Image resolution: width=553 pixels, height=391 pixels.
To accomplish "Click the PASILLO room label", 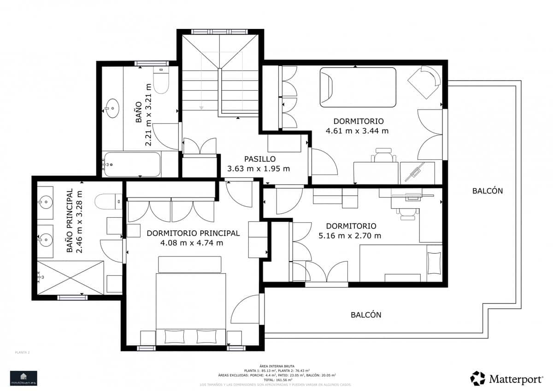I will [260, 159].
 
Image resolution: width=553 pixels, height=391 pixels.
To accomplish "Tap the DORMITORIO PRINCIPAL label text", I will [193, 233].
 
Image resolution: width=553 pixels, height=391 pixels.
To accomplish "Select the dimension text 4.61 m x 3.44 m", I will [357, 131].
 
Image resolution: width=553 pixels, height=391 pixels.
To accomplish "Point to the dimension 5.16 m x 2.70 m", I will [351, 236].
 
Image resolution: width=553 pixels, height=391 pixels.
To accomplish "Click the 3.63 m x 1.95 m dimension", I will [259, 169].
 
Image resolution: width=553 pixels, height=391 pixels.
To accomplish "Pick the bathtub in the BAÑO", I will [132, 164].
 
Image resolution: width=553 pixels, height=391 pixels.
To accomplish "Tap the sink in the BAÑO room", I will [112, 109].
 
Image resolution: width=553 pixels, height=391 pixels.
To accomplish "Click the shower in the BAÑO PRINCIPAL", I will [70, 277].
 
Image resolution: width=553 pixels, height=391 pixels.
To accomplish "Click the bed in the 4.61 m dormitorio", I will [358, 87].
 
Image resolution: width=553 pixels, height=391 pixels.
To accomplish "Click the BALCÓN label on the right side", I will [487, 191].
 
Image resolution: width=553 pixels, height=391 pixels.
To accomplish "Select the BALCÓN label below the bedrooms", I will [366, 315].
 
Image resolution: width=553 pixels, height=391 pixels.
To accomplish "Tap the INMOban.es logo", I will [24, 378].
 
